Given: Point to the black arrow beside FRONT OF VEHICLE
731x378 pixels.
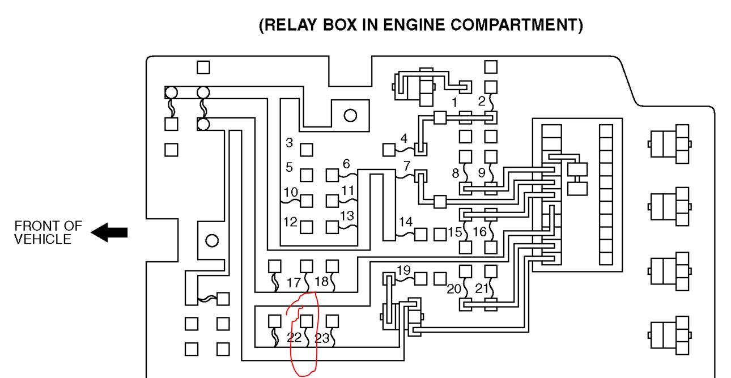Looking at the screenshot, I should [x=109, y=232].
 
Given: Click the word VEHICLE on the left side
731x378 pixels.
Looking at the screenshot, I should [x=43, y=239].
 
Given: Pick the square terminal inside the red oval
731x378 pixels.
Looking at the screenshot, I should [x=307, y=321].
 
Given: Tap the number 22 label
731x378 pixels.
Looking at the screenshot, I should [x=294, y=338].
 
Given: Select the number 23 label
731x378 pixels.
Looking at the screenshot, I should [x=322, y=338].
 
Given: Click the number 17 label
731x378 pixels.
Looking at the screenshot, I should [x=294, y=282].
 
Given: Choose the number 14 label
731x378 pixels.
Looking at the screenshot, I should [x=405, y=222].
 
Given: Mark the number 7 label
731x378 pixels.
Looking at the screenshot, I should [x=406, y=167].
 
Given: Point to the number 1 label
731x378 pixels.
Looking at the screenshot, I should [x=454, y=102].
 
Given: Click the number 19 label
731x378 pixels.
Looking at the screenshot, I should [x=403, y=270].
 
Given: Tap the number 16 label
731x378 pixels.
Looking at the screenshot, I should [x=479, y=232].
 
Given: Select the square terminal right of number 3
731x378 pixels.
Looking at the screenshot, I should [x=307, y=150].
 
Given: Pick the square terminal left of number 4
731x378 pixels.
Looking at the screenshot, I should [x=389, y=150].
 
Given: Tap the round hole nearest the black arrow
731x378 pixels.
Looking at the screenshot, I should [x=212, y=241].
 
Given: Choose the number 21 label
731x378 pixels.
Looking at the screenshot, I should [x=482, y=288].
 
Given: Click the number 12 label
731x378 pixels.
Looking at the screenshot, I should [x=290, y=222].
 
